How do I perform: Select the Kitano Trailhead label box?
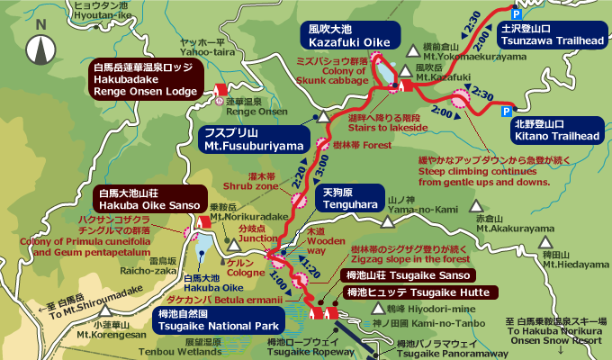555,130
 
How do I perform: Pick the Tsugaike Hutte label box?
418,292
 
